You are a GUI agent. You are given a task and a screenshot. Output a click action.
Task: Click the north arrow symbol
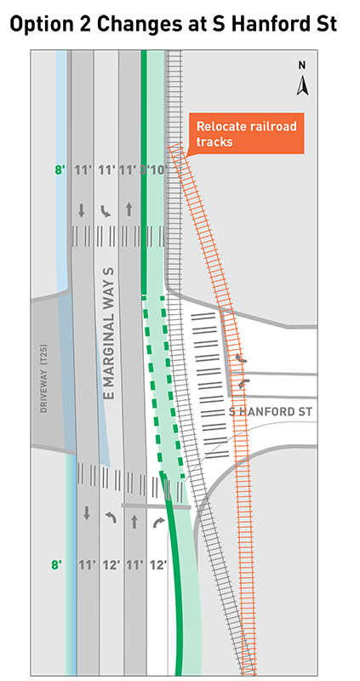click(x=301, y=85)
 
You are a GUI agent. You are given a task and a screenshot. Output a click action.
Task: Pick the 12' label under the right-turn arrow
click(x=157, y=564)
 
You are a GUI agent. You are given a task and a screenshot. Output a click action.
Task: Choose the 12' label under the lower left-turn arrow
click(x=108, y=564)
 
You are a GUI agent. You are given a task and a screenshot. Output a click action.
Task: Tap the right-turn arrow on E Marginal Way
click(x=157, y=521)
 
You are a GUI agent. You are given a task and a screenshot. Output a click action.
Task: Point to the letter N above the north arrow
click(x=301, y=65)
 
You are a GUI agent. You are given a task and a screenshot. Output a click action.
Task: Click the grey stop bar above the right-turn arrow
click(x=146, y=505)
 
